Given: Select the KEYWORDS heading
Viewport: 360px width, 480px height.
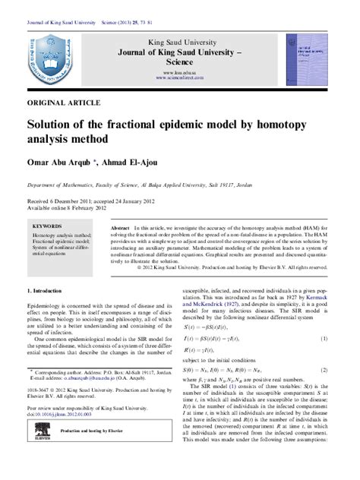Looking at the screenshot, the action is point(48,226).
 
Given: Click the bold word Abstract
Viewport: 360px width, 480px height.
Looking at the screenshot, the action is point(120,228).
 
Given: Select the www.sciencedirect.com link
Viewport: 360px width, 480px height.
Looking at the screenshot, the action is point(181,77).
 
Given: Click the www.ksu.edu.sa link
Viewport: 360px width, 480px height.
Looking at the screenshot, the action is point(181,70).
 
